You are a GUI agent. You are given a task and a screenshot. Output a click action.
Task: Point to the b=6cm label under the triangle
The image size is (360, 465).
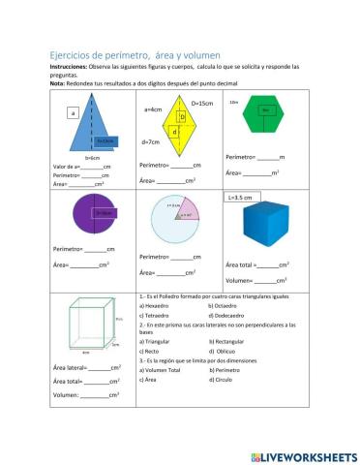click(94, 158)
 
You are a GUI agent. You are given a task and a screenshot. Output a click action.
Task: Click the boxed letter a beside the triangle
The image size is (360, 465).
click(73, 113)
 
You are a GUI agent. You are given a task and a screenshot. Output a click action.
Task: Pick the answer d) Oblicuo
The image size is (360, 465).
click(224, 351)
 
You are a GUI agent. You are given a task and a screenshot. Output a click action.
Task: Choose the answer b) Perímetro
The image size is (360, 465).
click(225, 369)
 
